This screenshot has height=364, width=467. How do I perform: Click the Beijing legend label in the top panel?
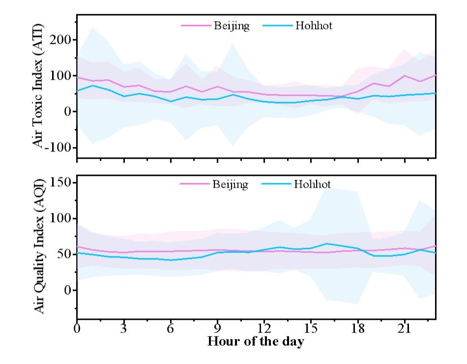click(232, 26)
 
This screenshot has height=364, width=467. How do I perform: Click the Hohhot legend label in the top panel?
click(314, 26)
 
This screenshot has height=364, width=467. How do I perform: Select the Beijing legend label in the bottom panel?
click(230, 185)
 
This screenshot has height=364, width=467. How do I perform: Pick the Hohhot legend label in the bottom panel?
click(313, 185)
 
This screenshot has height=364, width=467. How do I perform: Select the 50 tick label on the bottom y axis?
click(65, 254)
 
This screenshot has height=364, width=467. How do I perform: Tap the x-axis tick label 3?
click(124, 328)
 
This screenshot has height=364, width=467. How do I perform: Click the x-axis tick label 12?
click(264, 328)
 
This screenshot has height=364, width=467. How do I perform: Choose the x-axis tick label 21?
click(404, 328)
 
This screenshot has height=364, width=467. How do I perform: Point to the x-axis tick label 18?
click(357, 328)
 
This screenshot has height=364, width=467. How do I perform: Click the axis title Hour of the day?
click(256, 341)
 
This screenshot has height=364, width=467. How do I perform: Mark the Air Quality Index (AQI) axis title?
click(40, 247)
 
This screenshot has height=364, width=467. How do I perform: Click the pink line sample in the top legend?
click(196, 26)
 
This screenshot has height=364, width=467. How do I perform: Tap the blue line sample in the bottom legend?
click(277, 185)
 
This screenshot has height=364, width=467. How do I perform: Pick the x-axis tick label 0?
click(77, 328)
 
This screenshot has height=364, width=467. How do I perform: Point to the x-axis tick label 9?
click(217, 328)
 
